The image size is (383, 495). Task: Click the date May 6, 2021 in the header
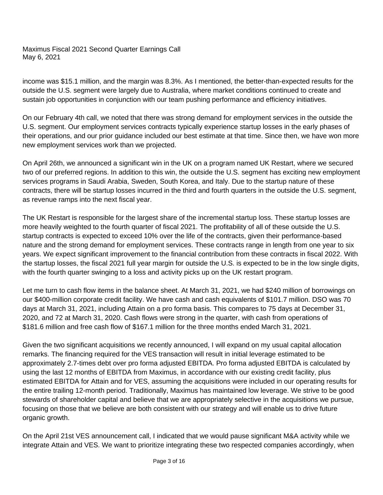(41, 57)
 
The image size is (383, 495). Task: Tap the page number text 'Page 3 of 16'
(169, 461)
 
